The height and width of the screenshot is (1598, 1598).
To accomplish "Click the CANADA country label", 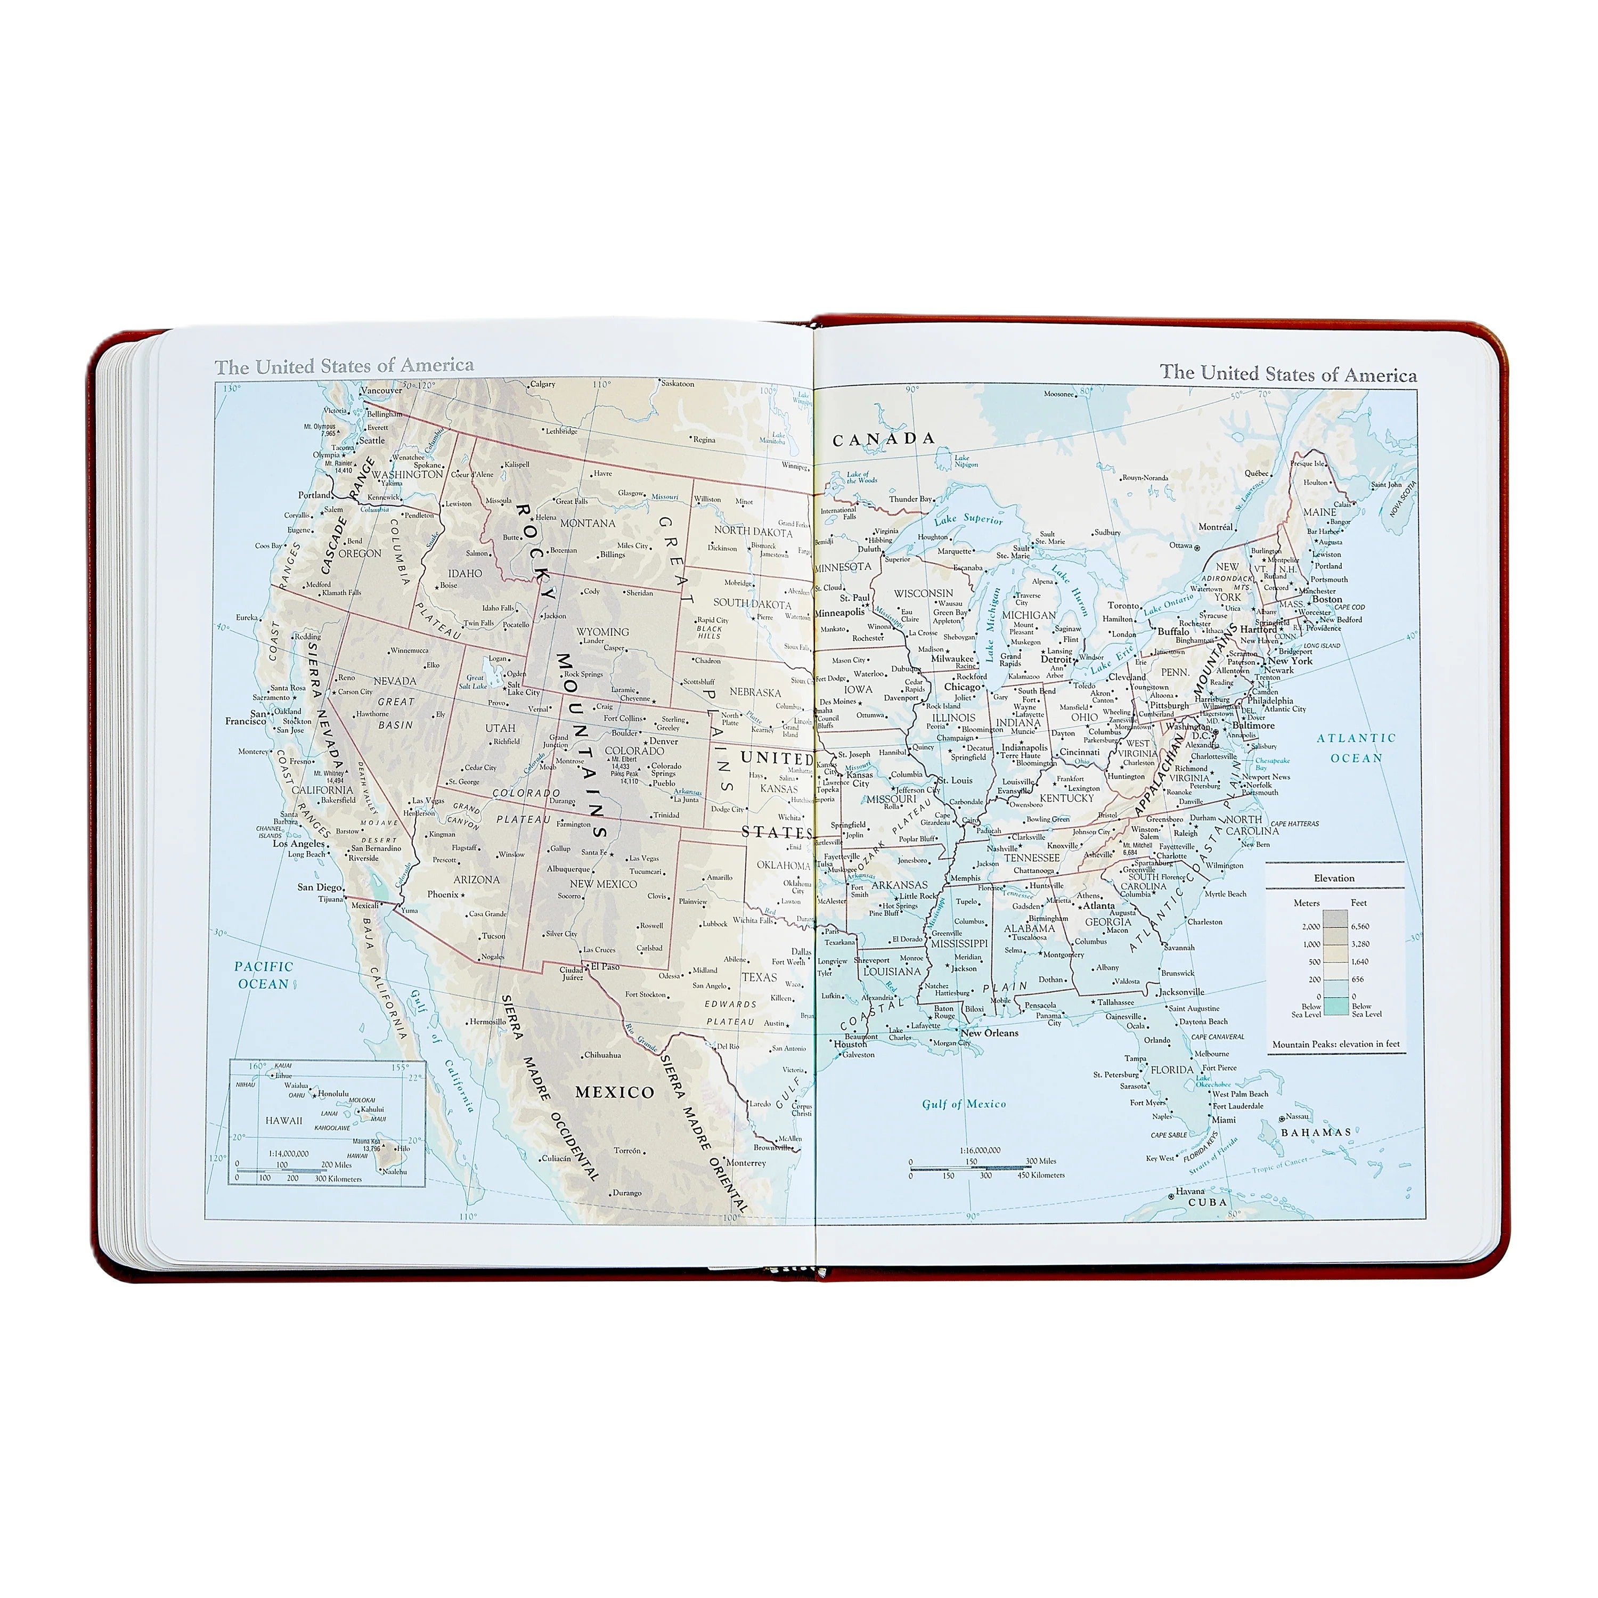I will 883,439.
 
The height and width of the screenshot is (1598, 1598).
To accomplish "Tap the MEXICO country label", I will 615,1092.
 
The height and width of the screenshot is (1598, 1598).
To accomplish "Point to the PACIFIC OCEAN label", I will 263,975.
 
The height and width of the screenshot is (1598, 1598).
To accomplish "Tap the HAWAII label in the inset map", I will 284,1121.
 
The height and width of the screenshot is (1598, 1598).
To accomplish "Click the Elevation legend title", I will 1334,878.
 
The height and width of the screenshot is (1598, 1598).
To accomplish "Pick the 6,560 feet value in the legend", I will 1360,926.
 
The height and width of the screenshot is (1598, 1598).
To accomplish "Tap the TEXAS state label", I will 759,977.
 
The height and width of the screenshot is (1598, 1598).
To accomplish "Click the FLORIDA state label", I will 1171,1070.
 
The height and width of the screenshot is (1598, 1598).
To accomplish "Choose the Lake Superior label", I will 968,519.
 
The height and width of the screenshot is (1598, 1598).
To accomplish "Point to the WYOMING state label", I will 602,631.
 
